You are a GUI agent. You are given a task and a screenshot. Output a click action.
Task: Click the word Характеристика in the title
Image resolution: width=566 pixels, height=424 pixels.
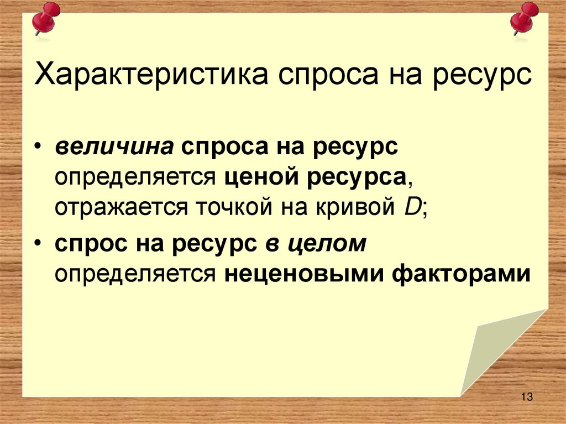[153, 75]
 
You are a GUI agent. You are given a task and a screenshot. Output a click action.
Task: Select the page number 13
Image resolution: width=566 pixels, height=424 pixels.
[526, 396]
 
